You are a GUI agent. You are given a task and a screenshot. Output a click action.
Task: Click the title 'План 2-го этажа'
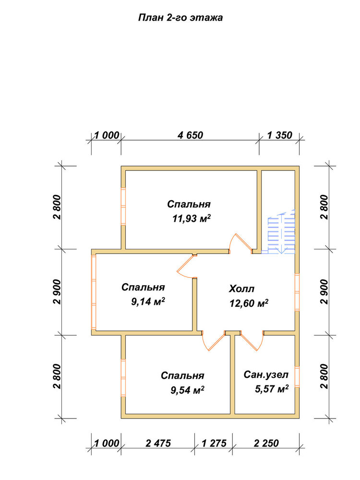click(x=180, y=18)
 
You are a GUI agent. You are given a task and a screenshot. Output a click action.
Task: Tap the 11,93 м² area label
click(x=192, y=218)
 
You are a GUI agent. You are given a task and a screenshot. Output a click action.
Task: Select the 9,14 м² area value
click(x=148, y=302)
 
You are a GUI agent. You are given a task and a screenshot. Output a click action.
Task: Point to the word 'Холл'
click(x=241, y=288)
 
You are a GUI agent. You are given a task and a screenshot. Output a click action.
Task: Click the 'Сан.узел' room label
click(x=266, y=375)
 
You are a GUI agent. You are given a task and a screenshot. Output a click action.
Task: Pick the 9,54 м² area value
click(x=187, y=390)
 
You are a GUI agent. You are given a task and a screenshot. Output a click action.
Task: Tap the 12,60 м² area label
click(x=249, y=303)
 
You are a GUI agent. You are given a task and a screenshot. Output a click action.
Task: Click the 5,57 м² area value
click(x=272, y=389)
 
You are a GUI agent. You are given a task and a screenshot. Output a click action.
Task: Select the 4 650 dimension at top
click(x=190, y=135)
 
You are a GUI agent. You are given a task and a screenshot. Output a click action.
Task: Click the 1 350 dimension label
click(x=280, y=135)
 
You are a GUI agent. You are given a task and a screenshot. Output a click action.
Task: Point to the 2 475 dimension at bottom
click(x=158, y=443)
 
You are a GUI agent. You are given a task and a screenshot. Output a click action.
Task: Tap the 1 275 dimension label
click(x=214, y=443)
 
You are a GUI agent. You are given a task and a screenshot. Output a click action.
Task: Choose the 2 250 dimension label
click(x=266, y=443)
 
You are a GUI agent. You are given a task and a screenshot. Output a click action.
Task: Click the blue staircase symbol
click(x=281, y=232)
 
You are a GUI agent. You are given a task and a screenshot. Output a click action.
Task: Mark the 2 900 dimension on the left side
click(x=57, y=292)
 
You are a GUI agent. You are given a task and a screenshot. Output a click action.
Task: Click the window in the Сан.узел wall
click(x=297, y=377)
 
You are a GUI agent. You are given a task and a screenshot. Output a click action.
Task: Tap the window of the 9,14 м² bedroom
click(x=94, y=292)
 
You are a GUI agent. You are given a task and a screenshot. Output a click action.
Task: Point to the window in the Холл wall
click(x=297, y=292)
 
